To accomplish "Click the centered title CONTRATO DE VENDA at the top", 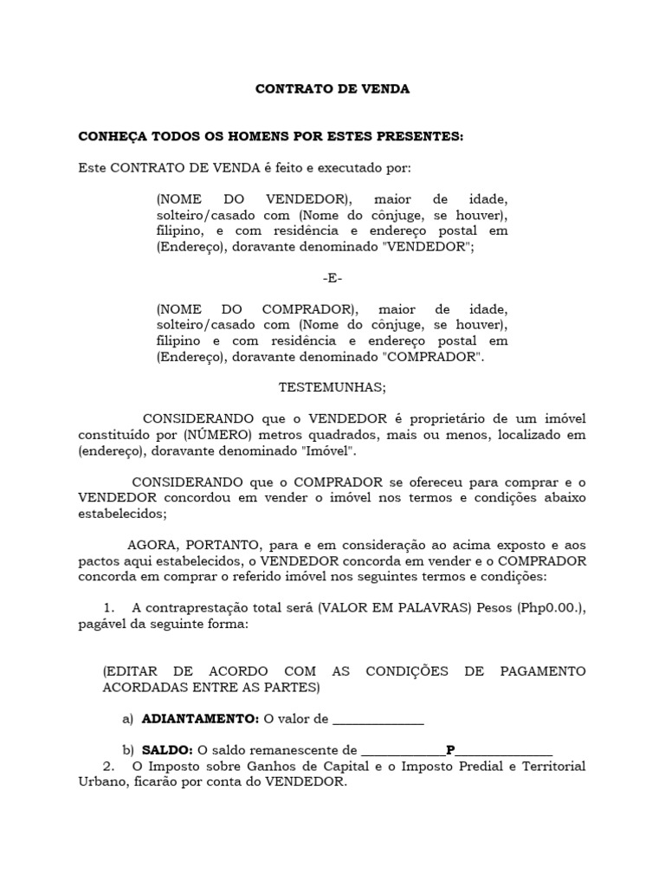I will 332,89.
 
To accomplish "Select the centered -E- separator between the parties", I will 332,278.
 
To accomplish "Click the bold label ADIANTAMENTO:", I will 200,719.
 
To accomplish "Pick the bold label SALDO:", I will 168,750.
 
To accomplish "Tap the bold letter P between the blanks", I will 450,750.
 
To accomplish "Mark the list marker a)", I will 128,719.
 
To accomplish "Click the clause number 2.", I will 108,766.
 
